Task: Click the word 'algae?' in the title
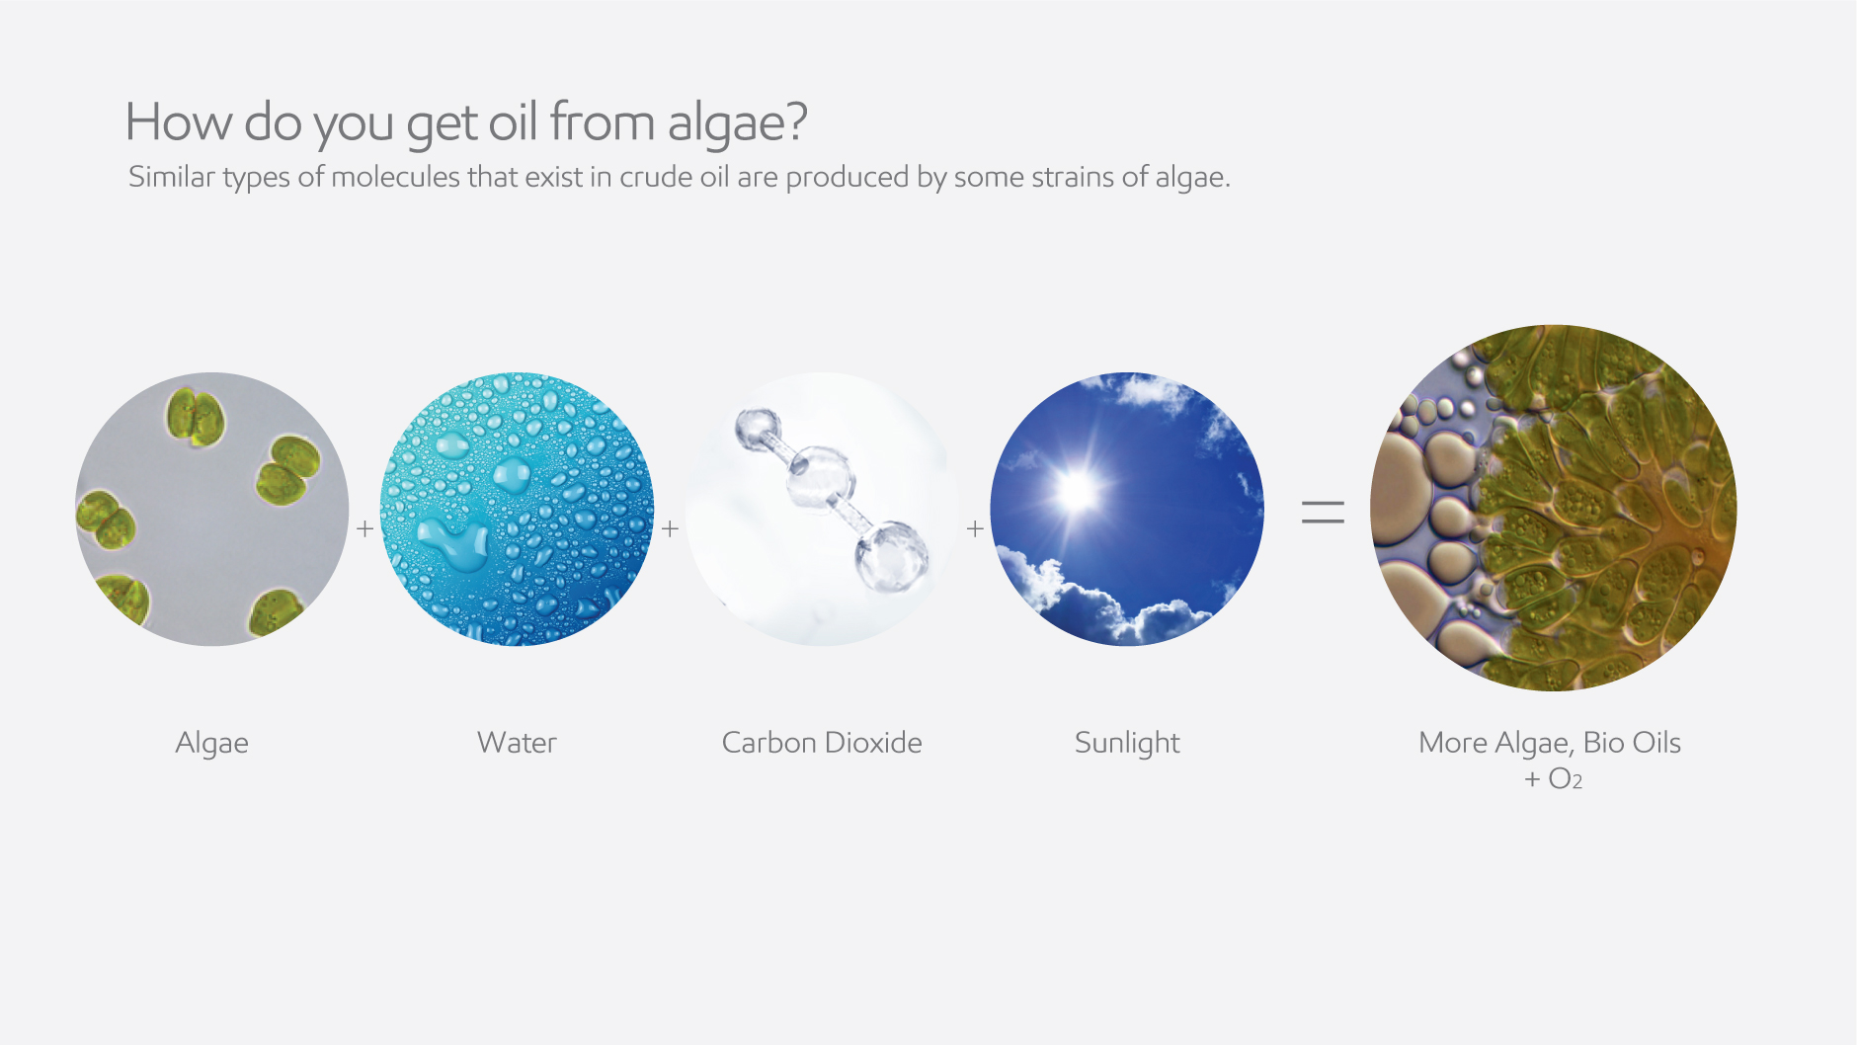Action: click(737, 123)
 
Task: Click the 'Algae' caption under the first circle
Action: click(211, 743)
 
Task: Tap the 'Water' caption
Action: click(517, 743)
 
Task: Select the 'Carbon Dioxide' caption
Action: click(822, 743)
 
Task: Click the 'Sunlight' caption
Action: click(1127, 743)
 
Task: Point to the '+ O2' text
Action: click(1553, 779)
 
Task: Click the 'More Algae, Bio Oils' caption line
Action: click(1549, 743)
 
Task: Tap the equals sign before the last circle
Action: click(1323, 512)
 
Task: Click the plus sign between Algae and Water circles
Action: click(364, 529)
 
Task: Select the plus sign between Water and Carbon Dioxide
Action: click(670, 529)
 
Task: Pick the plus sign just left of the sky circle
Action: click(975, 529)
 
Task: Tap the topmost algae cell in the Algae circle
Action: click(196, 417)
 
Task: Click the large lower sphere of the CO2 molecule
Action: click(891, 555)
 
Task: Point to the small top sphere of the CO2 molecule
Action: click(757, 428)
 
